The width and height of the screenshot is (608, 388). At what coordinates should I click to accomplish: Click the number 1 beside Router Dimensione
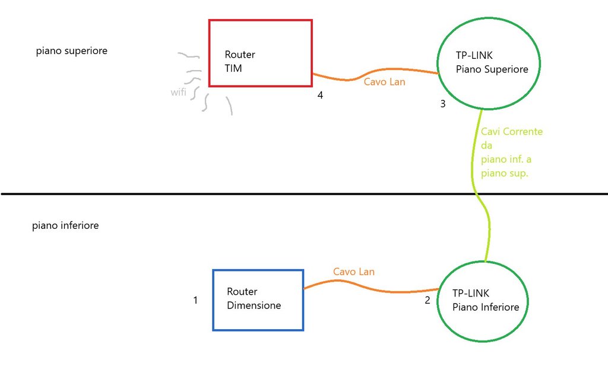[x=195, y=301]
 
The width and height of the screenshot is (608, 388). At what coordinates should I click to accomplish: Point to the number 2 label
[x=427, y=301]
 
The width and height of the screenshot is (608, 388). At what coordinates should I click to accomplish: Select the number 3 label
[x=442, y=105]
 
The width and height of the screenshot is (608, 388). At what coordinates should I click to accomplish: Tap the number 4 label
[x=320, y=95]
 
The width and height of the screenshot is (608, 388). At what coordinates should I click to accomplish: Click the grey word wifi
[x=178, y=92]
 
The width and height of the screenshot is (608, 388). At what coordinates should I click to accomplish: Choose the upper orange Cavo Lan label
[x=384, y=82]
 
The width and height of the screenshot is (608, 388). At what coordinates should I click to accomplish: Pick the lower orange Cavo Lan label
[x=353, y=272]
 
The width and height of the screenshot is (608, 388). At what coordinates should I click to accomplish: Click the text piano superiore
[x=71, y=51]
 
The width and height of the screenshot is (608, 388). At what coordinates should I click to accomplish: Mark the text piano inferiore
[x=65, y=226]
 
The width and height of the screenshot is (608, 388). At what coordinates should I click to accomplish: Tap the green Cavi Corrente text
[x=512, y=131]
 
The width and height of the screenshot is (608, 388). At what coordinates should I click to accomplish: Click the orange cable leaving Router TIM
[x=350, y=78]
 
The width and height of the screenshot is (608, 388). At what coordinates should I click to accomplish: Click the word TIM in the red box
[x=233, y=68]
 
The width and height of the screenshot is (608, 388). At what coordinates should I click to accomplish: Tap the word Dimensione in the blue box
[x=254, y=305]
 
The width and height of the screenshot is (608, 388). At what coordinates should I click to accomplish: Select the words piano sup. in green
[x=504, y=174]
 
